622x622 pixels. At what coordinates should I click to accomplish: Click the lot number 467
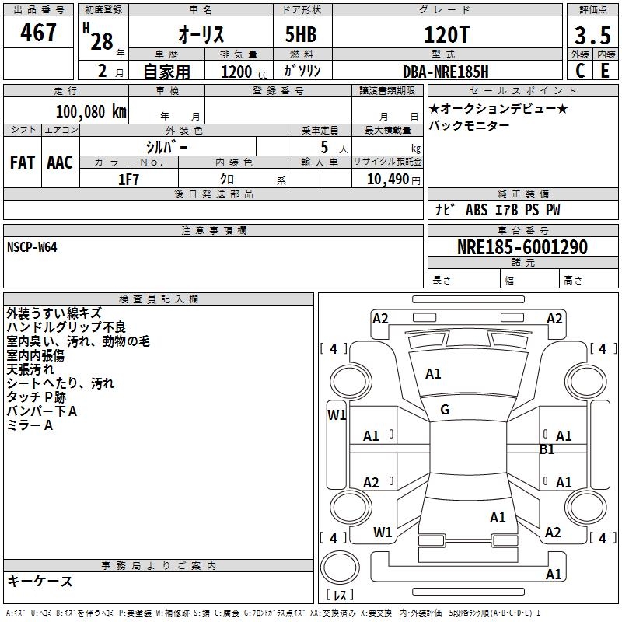pyautogui.click(x=38, y=32)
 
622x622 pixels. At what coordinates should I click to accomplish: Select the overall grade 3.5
pyautogui.click(x=592, y=35)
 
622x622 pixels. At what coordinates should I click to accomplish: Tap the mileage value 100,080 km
pyautogui.click(x=91, y=111)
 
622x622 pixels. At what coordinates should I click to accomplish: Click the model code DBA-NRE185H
pyautogui.click(x=446, y=72)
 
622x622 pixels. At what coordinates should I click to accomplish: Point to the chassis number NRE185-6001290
pyautogui.click(x=522, y=247)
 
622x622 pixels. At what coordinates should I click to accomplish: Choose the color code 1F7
pyautogui.click(x=128, y=180)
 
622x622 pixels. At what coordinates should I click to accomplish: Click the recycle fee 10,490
pyautogui.click(x=387, y=180)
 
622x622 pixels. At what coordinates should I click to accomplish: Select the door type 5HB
pyautogui.click(x=301, y=34)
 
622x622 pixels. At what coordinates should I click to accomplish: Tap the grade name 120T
pyautogui.click(x=446, y=34)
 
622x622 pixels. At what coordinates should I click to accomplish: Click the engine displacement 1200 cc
pyautogui.click(x=244, y=72)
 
